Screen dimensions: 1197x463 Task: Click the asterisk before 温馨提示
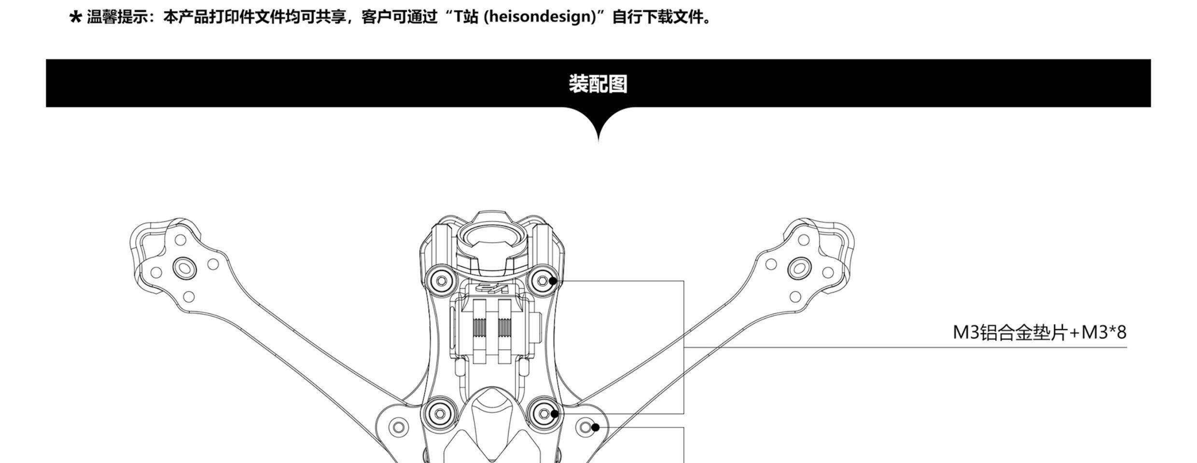tap(75, 18)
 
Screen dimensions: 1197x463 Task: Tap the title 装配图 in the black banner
tap(598, 83)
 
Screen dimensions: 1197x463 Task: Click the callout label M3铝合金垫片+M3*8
tap(1039, 333)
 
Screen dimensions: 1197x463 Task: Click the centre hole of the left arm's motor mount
tap(184, 267)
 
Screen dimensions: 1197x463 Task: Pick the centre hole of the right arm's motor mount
tap(799, 268)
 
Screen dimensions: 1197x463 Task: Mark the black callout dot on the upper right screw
tap(553, 281)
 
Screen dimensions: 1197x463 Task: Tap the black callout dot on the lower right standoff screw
tap(555, 413)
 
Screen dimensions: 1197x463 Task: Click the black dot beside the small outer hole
tap(596, 427)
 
